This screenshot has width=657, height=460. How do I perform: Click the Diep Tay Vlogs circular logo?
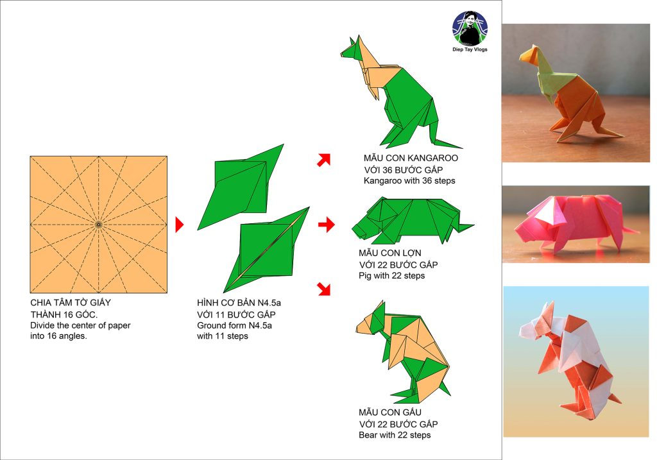coord(470,28)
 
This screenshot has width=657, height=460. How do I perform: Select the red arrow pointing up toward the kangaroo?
coord(324,160)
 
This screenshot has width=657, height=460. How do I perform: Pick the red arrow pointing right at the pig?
coord(327,225)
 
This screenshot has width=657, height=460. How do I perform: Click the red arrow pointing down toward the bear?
coord(324,289)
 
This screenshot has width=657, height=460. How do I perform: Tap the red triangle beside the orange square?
coord(180,225)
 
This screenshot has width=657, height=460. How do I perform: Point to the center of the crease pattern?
coord(98,225)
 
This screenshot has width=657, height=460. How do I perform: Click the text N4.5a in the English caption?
coord(260,325)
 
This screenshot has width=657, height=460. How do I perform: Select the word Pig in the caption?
coord(365,276)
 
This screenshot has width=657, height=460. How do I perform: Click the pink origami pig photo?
coord(576,224)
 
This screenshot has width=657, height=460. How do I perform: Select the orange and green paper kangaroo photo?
coord(576,93)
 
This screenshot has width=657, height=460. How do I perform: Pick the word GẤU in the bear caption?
coord(412,413)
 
